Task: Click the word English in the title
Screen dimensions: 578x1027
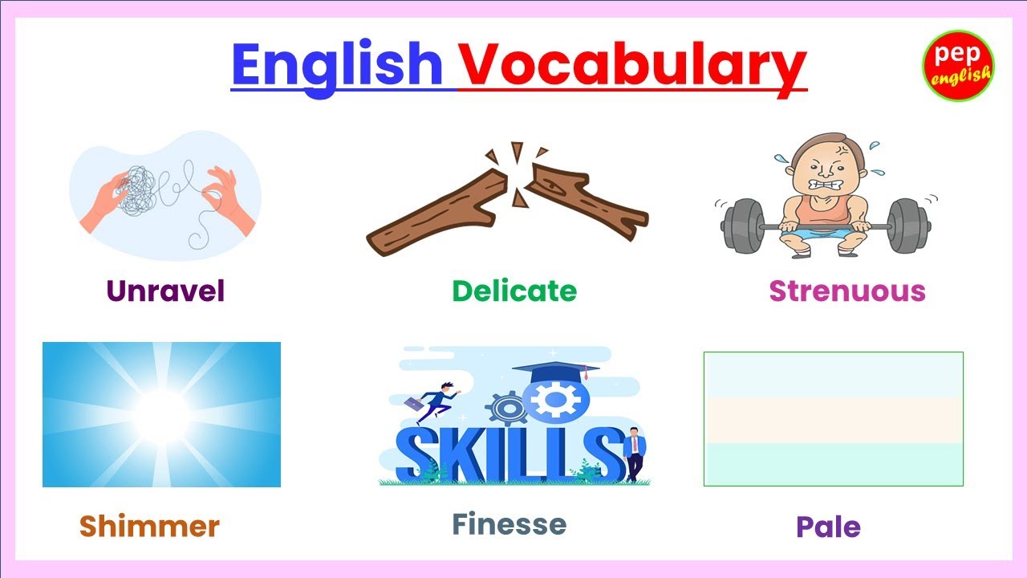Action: coord(337,66)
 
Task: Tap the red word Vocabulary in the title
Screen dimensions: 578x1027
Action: coord(631,66)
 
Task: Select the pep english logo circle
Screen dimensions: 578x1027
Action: coord(958,66)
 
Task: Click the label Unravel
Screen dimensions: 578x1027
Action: coord(165,291)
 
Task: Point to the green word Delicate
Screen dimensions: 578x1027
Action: coord(514,291)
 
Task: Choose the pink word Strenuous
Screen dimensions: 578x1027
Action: coord(847,291)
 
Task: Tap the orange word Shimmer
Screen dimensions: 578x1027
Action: coord(149,527)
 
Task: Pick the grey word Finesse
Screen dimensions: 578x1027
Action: coord(509,524)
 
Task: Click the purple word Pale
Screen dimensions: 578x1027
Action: coord(828,527)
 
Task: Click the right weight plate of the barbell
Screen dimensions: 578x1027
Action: coord(907,226)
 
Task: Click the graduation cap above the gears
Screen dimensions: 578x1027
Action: coord(555,371)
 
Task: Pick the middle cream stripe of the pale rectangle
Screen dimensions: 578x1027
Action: coord(833,420)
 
